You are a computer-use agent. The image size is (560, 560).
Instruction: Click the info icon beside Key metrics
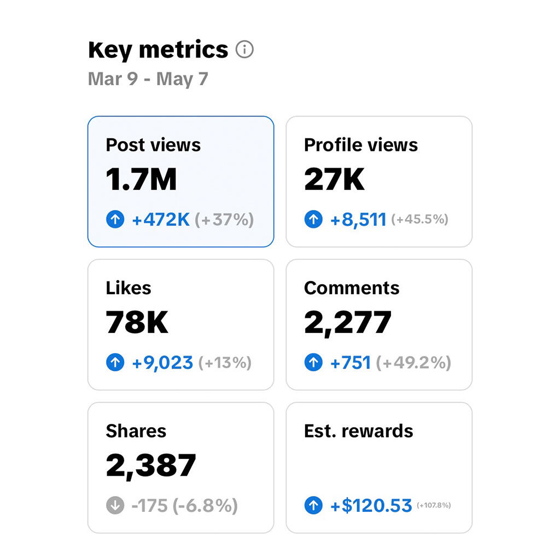coord(244,49)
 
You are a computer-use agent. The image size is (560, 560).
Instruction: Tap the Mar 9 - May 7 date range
coord(148,79)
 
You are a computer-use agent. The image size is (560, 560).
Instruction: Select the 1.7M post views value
coord(142,179)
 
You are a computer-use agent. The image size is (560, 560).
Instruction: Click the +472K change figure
coord(161,219)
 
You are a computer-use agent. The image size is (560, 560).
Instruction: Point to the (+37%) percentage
coord(224,219)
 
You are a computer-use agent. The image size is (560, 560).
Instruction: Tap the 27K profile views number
coord(334,179)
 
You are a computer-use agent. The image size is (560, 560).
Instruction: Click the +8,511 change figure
coord(358,220)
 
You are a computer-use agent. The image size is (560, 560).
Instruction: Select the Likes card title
coord(129,288)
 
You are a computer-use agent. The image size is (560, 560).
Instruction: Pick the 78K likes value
coord(137,322)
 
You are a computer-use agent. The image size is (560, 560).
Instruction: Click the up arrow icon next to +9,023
coord(115,363)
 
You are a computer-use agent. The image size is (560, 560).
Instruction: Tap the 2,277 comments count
coord(348,323)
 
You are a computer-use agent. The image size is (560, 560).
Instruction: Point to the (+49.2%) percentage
coord(413,363)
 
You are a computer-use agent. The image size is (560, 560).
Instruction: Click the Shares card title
coord(136,431)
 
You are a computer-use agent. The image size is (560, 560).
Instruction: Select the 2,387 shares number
coord(151,466)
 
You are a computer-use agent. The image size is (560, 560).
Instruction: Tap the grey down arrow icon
coord(115,505)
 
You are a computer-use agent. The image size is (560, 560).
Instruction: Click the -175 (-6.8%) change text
coord(185,505)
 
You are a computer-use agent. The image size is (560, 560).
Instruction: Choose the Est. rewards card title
coord(359,431)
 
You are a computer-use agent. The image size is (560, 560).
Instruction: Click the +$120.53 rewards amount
coord(371,505)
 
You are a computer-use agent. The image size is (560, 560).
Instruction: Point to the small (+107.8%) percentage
coord(434,505)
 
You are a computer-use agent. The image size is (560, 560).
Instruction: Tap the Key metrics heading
coord(158,50)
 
